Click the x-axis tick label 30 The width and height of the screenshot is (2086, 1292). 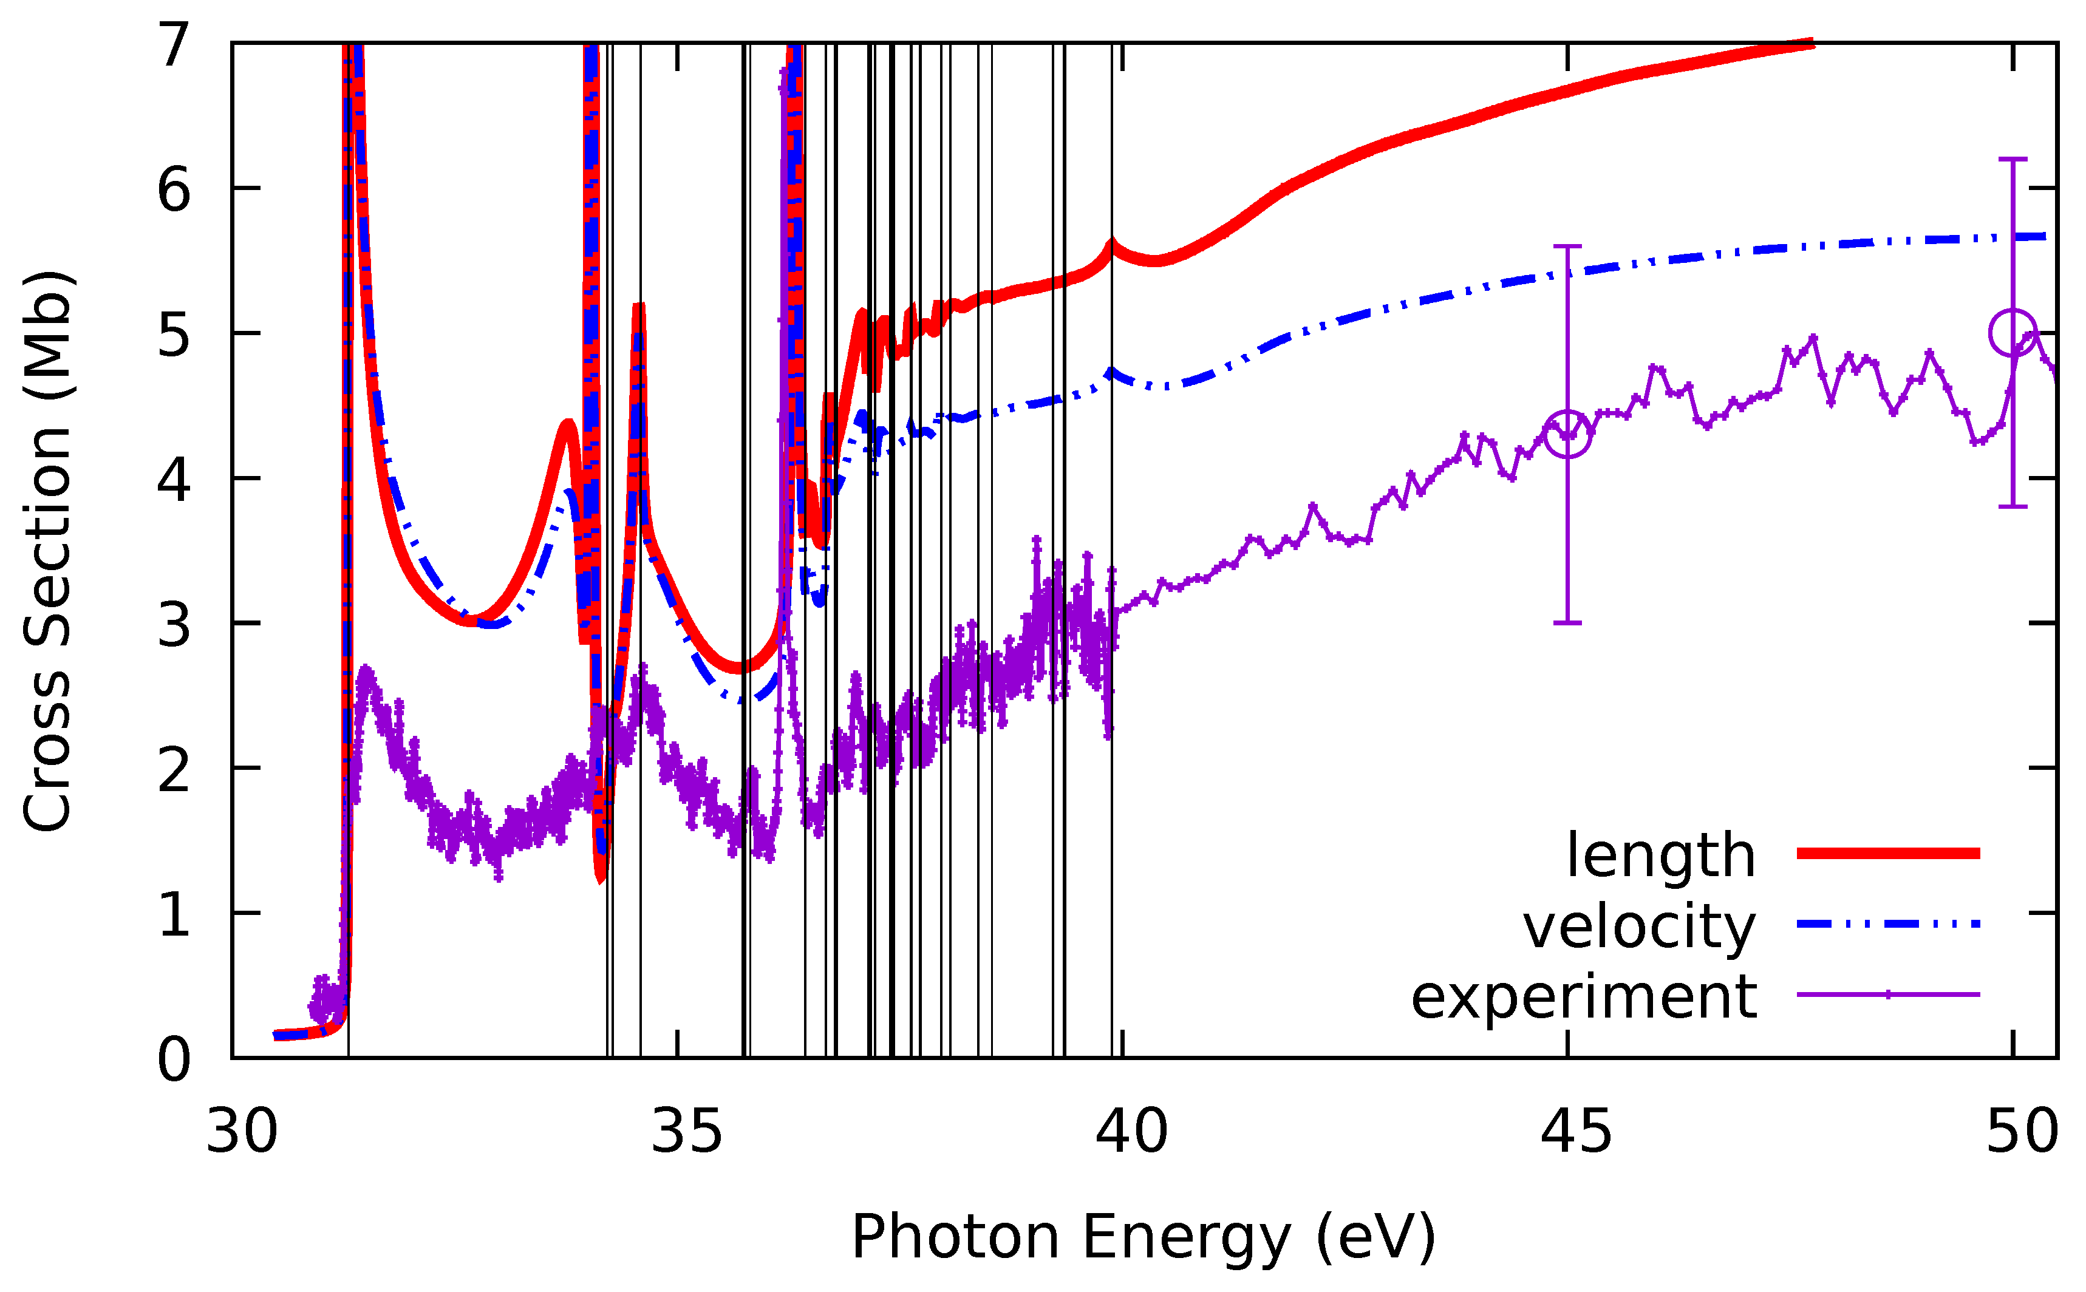coord(242,1132)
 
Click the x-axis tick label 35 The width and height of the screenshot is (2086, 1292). coord(686,1132)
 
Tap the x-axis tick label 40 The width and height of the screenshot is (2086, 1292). coord(1131,1132)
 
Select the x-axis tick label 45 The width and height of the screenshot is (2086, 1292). coord(1576,1132)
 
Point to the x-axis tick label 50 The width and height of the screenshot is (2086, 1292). coord(2021,1132)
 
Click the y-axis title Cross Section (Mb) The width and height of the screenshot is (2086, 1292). coord(47,551)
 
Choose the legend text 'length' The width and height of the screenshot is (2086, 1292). coord(1660,855)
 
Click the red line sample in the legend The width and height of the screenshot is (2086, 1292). coord(1888,853)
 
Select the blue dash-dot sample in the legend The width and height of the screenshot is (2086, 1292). coord(1888,923)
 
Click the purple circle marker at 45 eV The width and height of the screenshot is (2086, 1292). coord(1567,433)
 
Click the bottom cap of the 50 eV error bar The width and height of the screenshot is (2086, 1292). coord(2013,507)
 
